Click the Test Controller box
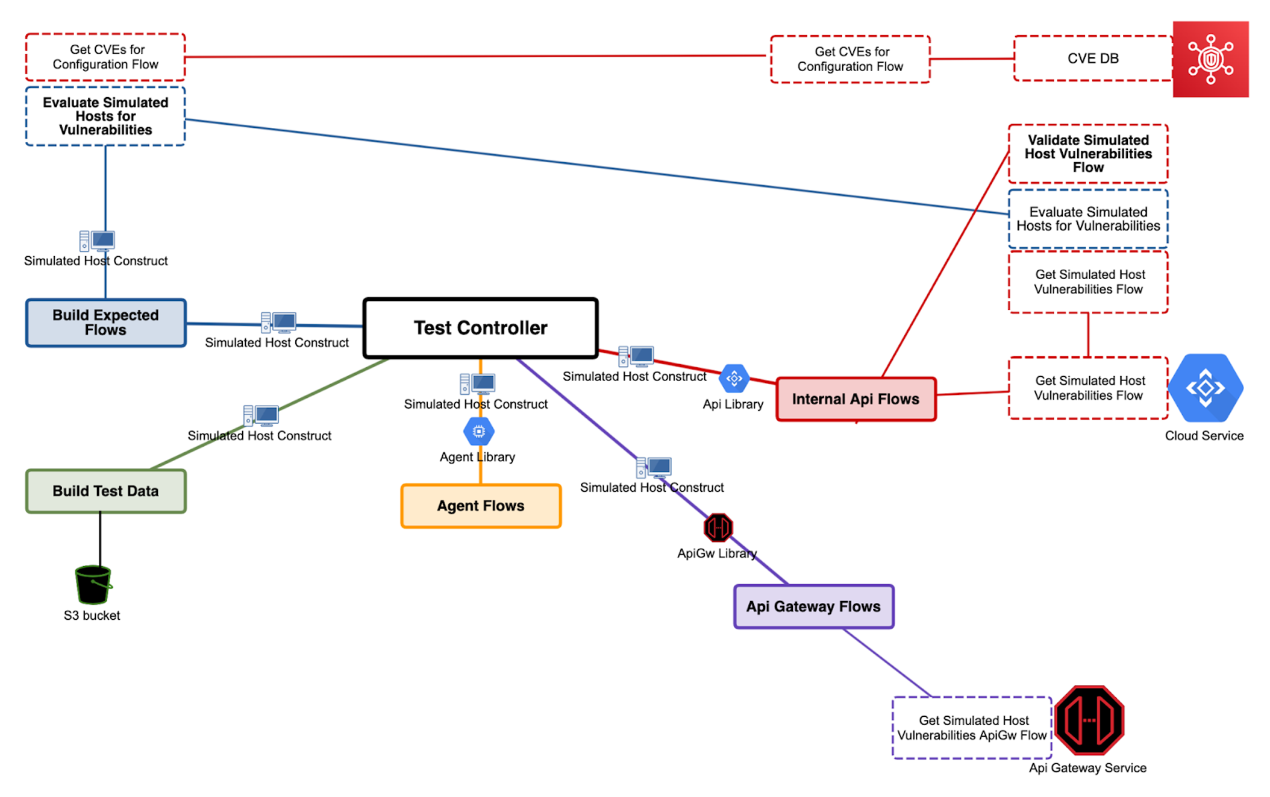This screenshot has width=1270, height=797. pyautogui.click(x=480, y=328)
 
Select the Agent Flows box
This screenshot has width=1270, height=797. pyautogui.click(x=481, y=506)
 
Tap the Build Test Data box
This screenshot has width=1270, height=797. pyautogui.click(x=105, y=491)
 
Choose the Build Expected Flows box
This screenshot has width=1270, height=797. pyautogui.click(x=105, y=323)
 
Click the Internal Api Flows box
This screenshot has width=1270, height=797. pyautogui.click(x=856, y=399)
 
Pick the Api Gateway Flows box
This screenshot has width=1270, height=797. pyautogui.click(x=813, y=606)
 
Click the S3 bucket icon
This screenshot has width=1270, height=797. pyautogui.click(x=93, y=584)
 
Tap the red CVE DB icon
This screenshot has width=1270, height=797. pyautogui.click(x=1210, y=59)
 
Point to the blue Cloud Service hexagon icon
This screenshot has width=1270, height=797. pyautogui.click(x=1205, y=388)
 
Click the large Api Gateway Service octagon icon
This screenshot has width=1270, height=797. pyautogui.click(x=1089, y=720)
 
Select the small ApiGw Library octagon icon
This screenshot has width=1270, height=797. pyautogui.click(x=718, y=528)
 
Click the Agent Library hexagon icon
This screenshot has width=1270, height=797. pyautogui.click(x=479, y=432)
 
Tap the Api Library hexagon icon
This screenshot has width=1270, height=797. pyautogui.click(x=734, y=379)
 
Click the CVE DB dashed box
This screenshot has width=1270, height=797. pyautogui.click(x=1093, y=58)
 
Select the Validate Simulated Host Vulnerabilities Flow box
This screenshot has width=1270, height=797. pyautogui.click(x=1088, y=154)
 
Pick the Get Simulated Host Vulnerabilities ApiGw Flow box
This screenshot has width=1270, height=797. pyautogui.click(x=972, y=728)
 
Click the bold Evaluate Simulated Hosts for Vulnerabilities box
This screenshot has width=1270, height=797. pyautogui.click(x=105, y=116)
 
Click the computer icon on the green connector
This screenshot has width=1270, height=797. pyautogui.click(x=261, y=415)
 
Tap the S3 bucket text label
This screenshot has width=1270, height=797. pyautogui.click(x=92, y=616)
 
